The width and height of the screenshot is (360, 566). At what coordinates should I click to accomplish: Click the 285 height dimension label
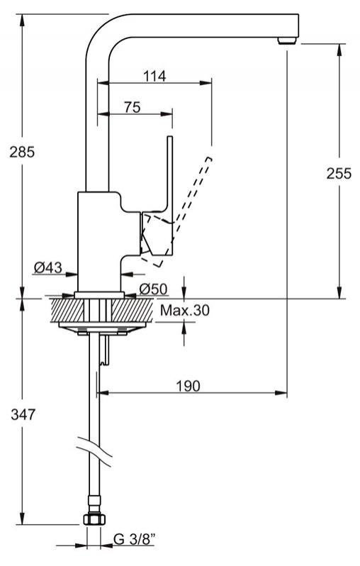(x=22, y=152)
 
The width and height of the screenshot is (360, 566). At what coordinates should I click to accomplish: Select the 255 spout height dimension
(x=339, y=174)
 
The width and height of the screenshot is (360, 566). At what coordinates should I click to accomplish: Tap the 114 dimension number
(x=154, y=76)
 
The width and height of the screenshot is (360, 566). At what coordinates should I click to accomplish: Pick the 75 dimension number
(x=133, y=107)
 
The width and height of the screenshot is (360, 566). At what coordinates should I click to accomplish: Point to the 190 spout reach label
(x=188, y=386)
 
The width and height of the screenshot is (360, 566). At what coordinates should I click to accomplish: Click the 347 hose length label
(x=23, y=414)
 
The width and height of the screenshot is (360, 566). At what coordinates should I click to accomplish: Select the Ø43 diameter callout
(x=48, y=268)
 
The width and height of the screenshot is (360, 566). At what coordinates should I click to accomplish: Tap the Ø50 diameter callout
(x=153, y=289)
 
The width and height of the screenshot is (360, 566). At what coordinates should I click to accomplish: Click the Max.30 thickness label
(x=185, y=310)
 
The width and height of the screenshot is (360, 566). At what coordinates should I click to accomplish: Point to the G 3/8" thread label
(x=135, y=539)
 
